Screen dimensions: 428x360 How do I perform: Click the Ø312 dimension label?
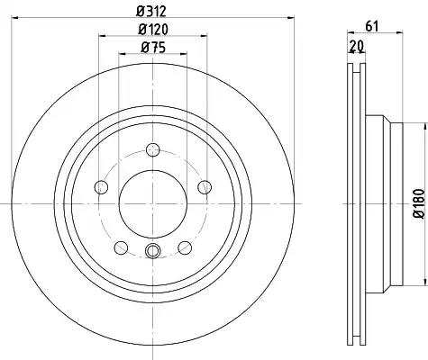pos(151,12)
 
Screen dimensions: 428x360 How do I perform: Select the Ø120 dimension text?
pos(153,30)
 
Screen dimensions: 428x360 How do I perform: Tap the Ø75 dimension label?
pos(153,48)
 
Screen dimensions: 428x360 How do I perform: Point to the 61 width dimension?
pos(372,26)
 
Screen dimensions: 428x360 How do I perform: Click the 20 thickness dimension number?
pos(357,46)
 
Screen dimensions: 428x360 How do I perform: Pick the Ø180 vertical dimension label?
pos(419,203)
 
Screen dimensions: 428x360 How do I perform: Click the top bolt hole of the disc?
pos(153,149)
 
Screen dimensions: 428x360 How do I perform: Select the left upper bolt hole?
pos(101,187)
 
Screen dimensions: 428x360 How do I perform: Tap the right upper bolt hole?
pos(205,187)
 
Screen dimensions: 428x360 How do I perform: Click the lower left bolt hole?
pos(122,247)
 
